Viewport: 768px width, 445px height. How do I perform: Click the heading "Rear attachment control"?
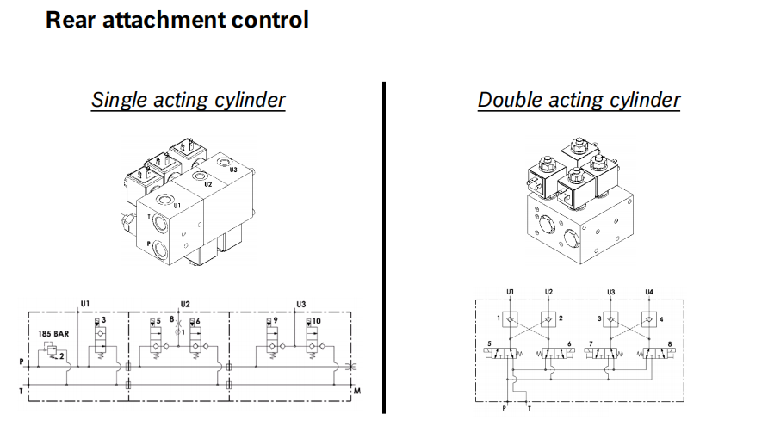(177, 20)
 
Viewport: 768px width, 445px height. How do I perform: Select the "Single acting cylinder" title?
(188, 100)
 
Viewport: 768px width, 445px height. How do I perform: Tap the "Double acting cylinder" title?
(579, 100)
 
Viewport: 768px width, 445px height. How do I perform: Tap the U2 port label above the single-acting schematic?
(185, 304)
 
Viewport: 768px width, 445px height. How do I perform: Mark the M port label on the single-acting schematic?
(356, 392)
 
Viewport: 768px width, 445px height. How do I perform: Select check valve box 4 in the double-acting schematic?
(649, 320)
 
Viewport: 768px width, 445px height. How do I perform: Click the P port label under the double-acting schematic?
(505, 408)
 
